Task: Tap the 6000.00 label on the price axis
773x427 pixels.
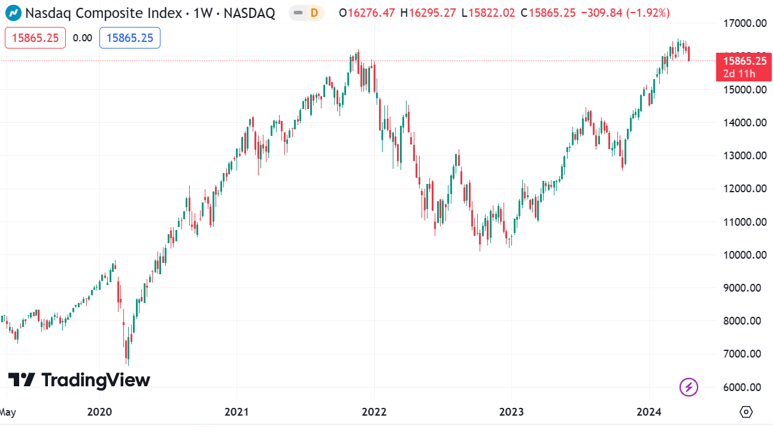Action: (x=744, y=387)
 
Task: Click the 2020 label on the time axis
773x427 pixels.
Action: (x=99, y=412)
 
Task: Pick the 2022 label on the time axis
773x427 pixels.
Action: (x=374, y=412)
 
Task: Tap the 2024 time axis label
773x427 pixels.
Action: (x=649, y=412)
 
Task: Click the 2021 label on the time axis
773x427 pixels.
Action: (x=237, y=412)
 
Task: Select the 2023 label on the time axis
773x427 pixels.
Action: (x=511, y=412)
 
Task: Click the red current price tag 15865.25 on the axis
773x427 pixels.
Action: (x=744, y=60)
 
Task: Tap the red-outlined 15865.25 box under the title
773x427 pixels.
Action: (x=35, y=38)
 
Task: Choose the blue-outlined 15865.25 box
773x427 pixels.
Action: (x=129, y=38)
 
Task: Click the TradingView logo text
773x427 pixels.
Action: (x=79, y=380)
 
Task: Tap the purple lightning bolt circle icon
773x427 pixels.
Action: (x=689, y=387)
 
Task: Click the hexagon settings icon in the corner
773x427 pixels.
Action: (x=746, y=412)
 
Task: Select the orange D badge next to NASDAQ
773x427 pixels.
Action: (x=314, y=13)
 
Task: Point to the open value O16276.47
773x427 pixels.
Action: (x=366, y=13)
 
